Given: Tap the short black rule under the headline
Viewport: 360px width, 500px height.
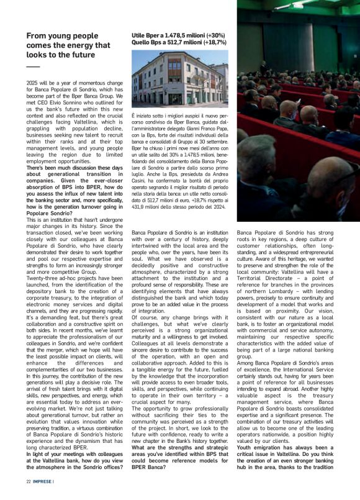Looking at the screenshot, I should [x=32, y=66].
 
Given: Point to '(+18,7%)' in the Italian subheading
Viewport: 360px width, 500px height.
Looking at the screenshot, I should [x=210, y=42].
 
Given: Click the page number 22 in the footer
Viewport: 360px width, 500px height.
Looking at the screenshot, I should [x=29, y=481].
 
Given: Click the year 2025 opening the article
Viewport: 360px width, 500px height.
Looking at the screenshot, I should [x=33, y=83].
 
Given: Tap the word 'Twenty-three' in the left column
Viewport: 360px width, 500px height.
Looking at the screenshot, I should [x=41, y=278].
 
